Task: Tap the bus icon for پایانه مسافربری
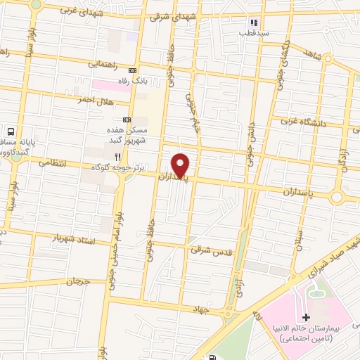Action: (x=11, y=131)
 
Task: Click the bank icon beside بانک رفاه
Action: (x=132, y=71)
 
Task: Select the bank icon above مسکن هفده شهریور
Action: (x=127, y=120)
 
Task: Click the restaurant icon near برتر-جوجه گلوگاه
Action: (x=118, y=156)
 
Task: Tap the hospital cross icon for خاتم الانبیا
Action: (x=306, y=319)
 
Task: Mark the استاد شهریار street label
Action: (x=74, y=238)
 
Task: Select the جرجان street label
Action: (x=79, y=281)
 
